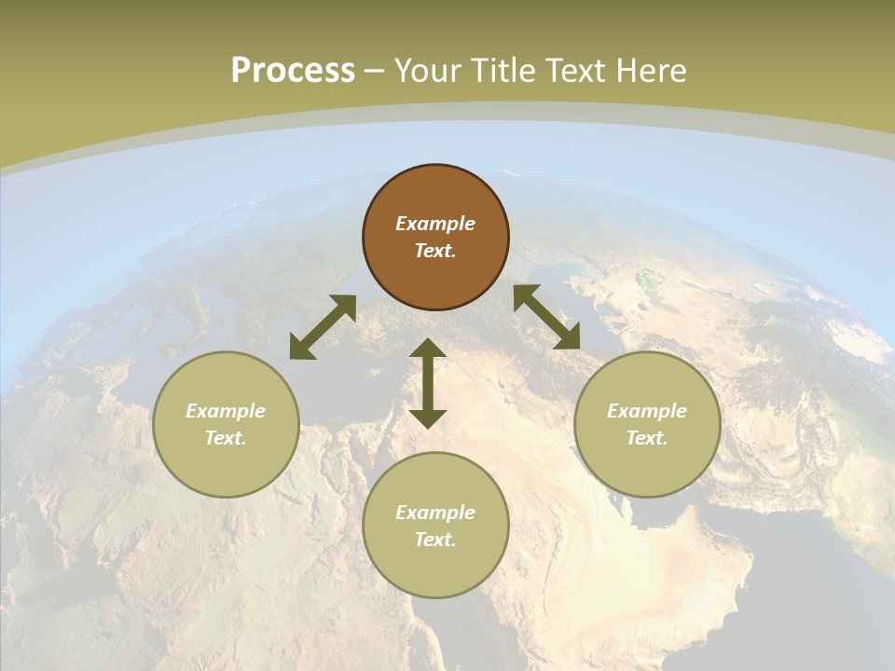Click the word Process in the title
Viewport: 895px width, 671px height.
(293, 71)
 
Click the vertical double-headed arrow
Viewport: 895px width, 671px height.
(428, 383)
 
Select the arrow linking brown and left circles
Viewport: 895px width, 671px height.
(323, 327)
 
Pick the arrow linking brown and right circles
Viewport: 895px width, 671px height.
(546, 317)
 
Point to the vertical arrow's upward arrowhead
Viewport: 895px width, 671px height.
(428, 349)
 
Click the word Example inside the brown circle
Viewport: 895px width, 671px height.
(435, 224)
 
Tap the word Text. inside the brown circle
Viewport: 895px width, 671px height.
(435, 251)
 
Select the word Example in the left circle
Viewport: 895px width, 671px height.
(226, 411)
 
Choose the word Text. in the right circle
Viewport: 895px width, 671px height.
(647, 438)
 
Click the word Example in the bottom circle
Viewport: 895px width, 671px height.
(435, 513)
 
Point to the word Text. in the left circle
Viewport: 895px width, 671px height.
(226, 438)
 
